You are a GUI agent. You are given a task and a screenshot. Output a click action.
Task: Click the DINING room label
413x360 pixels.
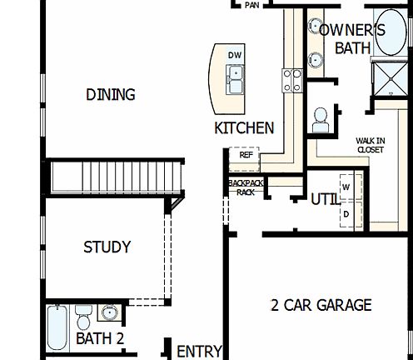[x=110, y=94]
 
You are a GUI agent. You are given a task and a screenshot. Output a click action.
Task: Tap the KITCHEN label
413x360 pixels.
[x=244, y=127]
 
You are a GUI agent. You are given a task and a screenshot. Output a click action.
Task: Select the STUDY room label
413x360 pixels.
[x=107, y=247]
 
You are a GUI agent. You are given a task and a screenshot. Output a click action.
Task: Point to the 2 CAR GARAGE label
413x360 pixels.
[x=321, y=305]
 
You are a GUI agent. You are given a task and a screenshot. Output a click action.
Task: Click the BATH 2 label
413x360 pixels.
[x=100, y=338]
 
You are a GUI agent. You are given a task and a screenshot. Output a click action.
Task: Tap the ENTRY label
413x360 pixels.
[x=200, y=351]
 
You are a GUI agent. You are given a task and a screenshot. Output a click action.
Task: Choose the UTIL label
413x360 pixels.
[x=324, y=200]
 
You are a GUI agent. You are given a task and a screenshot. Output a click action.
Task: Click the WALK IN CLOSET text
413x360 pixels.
[x=370, y=145]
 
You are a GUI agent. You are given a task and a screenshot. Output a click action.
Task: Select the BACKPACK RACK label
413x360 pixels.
[x=245, y=187]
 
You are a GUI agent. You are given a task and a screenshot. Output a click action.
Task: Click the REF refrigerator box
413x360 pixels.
[x=246, y=155]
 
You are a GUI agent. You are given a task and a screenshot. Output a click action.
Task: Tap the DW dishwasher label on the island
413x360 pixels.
[x=236, y=55]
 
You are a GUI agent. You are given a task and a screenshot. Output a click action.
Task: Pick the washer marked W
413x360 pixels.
[x=346, y=187]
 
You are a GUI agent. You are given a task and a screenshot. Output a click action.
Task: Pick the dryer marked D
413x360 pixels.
[x=346, y=213]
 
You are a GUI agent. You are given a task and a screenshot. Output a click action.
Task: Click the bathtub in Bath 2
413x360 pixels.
[x=57, y=328]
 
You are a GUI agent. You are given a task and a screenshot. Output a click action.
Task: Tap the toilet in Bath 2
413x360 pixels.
[x=83, y=317]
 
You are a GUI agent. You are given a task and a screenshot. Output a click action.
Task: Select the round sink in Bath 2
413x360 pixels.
[x=109, y=313]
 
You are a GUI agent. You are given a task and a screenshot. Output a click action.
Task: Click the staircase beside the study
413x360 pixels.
[x=116, y=177]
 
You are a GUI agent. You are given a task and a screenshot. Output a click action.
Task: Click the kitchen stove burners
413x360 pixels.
[x=292, y=80]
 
